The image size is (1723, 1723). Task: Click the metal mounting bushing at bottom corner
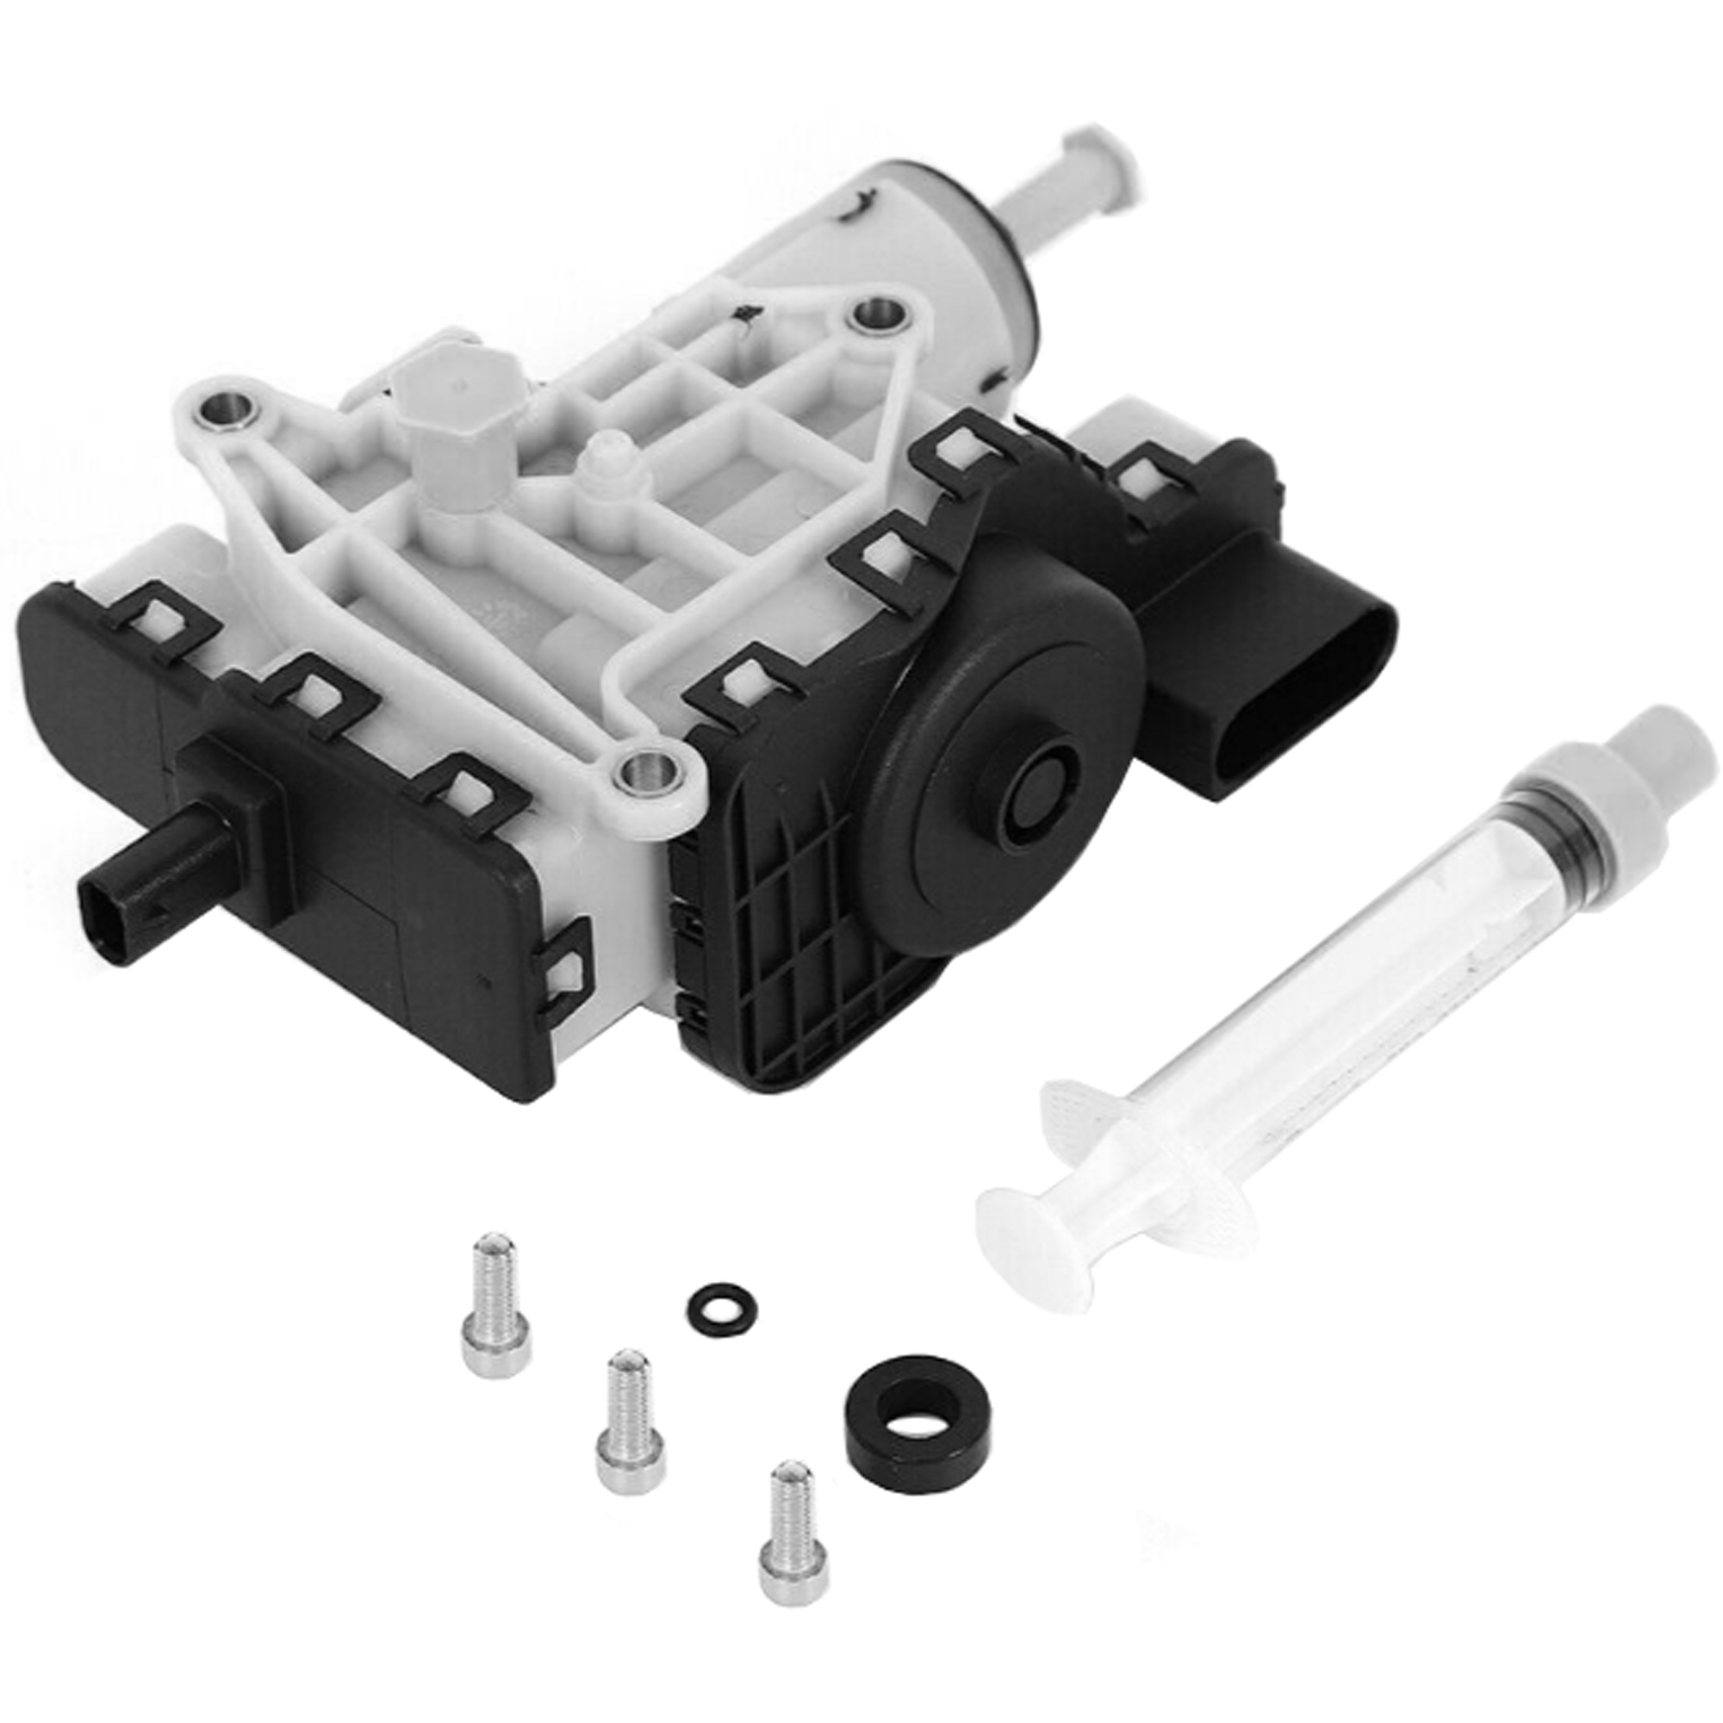pyautogui.click(x=651, y=772)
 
